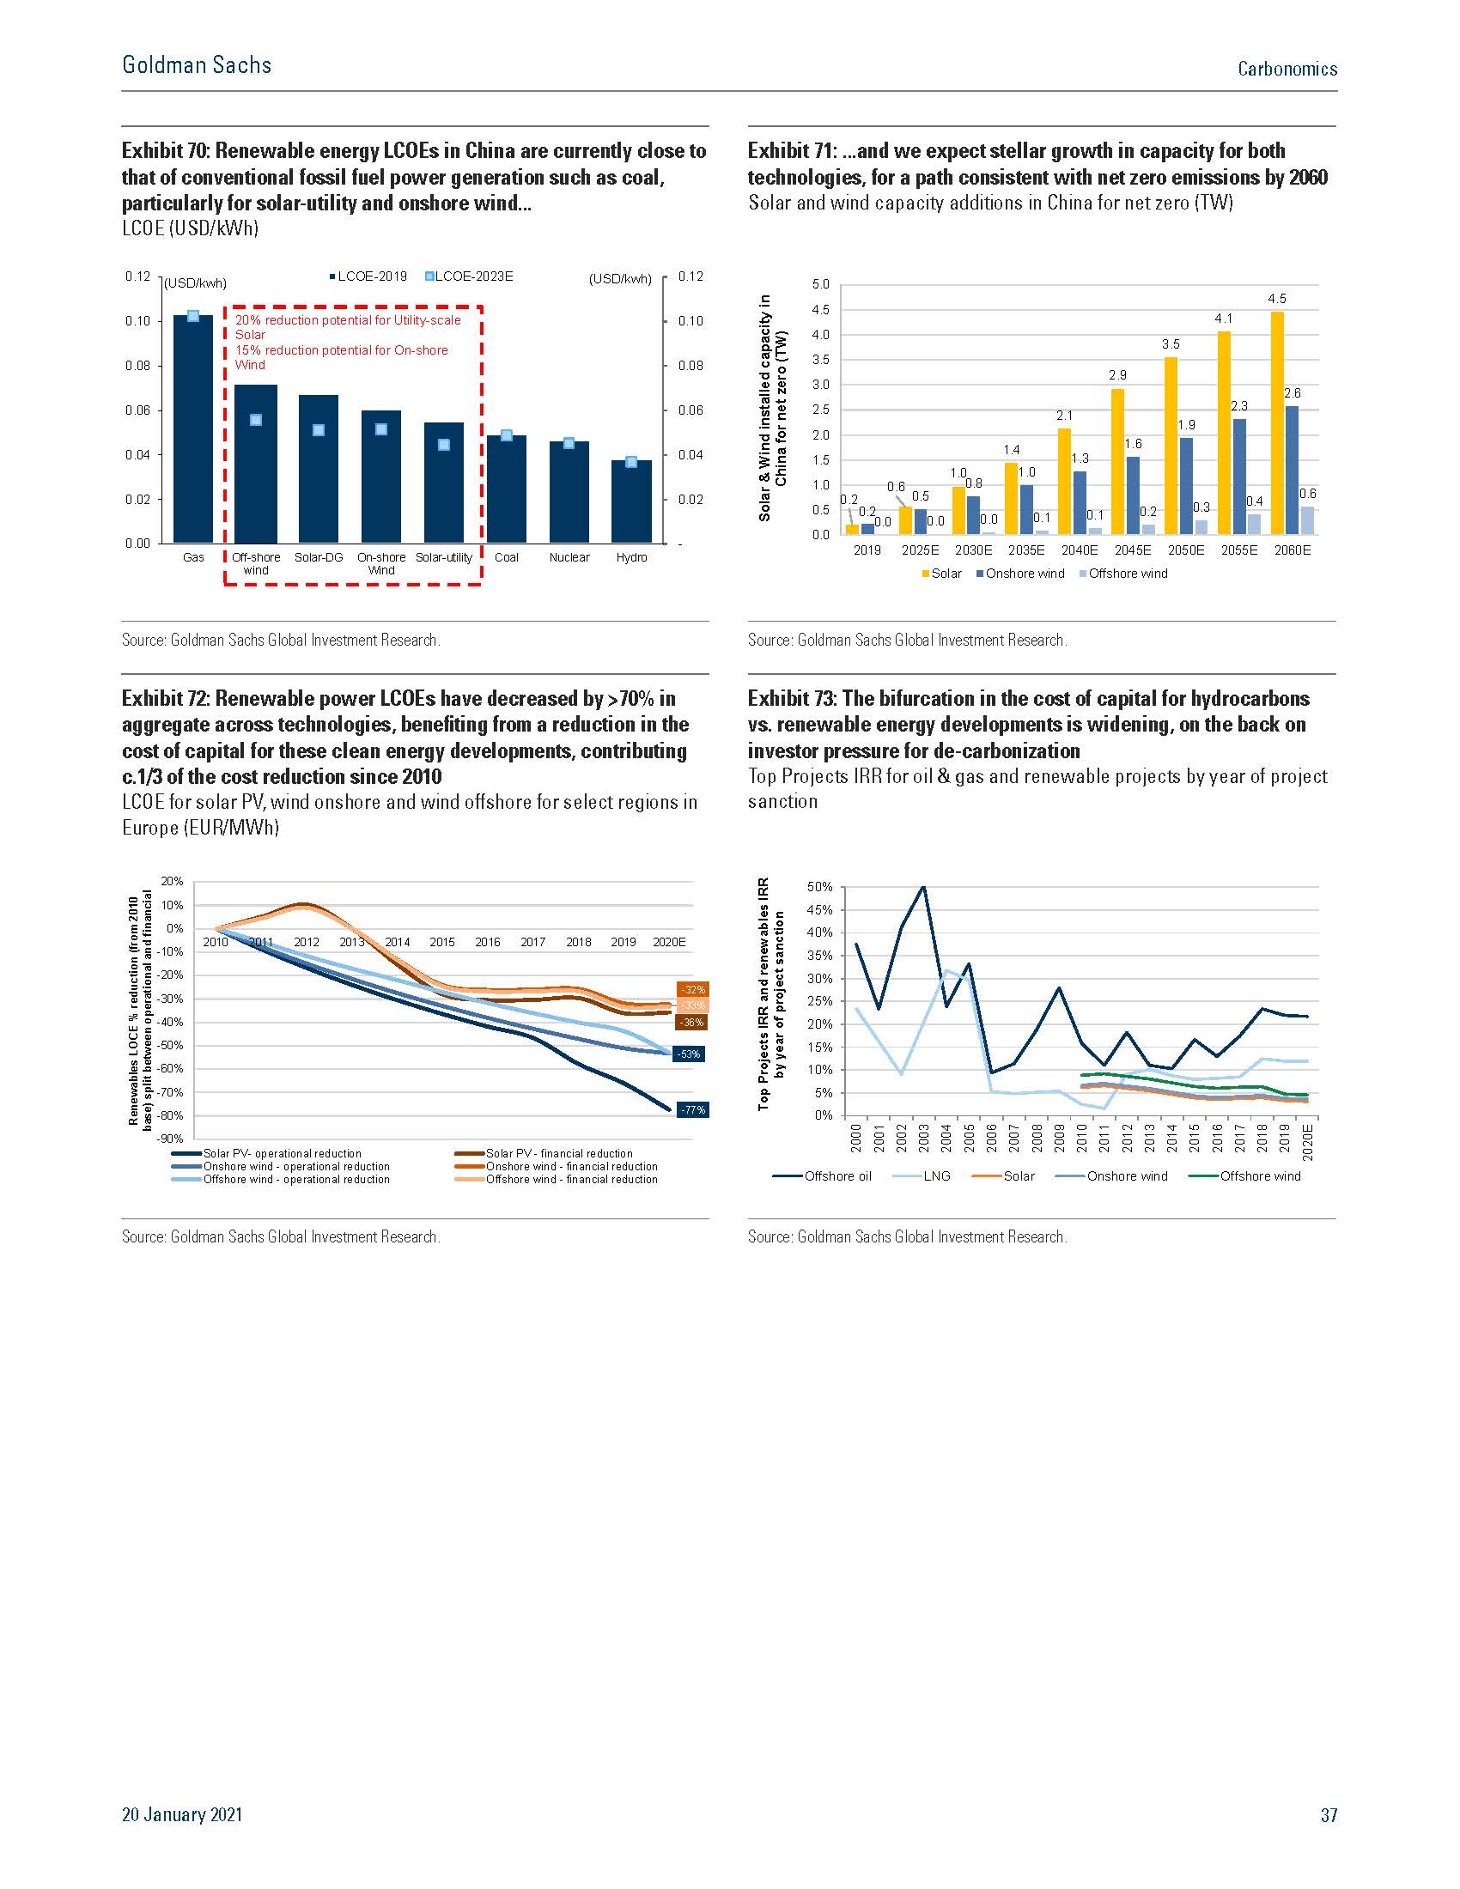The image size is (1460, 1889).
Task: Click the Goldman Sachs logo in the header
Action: pyautogui.click(x=197, y=65)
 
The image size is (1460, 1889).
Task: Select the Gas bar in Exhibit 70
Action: pyautogui.click(x=193, y=429)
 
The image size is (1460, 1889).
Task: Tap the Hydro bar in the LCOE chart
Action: pyautogui.click(x=631, y=501)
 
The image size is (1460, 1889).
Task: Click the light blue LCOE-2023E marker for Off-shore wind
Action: pyautogui.click(x=256, y=421)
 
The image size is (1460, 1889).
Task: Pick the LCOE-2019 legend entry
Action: pyautogui.click(x=368, y=276)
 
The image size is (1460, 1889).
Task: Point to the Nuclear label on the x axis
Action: pyautogui.click(x=569, y=558)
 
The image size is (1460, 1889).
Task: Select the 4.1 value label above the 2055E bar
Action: pyautogui.click(x=1223, y=319)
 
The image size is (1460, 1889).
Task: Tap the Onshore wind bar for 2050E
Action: pyautogui.click(x=1186, y=486)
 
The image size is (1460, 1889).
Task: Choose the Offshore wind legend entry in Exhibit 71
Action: pyautogui.click(x=1123, y=574)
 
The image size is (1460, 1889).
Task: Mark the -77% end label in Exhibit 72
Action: pyautogui.click(x=692, y=1109)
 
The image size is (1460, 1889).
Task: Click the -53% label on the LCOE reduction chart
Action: pyautogui.click(x=690, y=1054)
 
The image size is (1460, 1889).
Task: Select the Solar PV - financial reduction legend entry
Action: pyautogui.click(x=544, y=1154)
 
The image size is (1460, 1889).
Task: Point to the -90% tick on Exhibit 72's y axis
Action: pyautogui.click(x=170, y=1139)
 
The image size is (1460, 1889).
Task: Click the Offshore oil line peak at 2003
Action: pyautogui.click(x=923, y=887)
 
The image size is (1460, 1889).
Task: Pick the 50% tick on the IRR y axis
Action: pyautogui.click(x=819, y=888)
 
